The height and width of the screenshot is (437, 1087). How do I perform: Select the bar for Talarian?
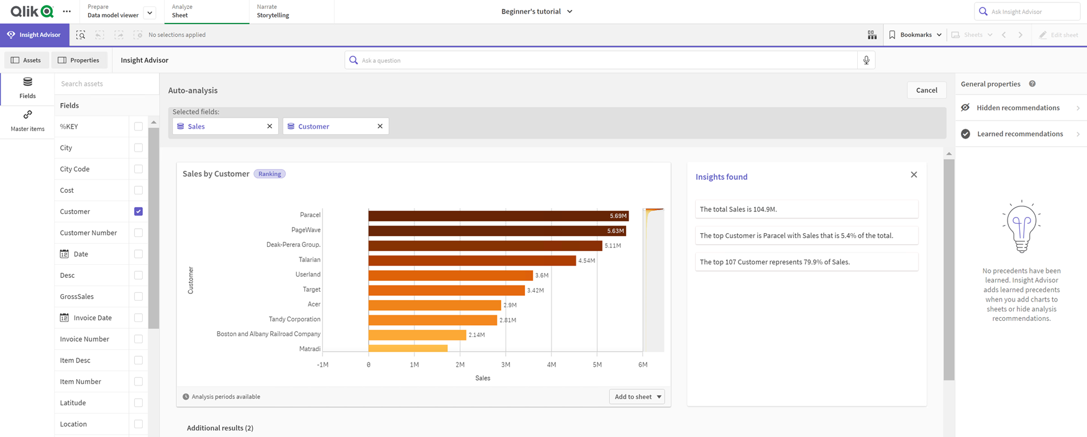[x=472, y=260]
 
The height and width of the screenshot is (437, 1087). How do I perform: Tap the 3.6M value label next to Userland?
[x=542, y=275]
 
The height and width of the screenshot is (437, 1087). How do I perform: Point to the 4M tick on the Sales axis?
[x=551, y=365]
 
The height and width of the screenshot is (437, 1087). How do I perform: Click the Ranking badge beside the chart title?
[x=270, y=174]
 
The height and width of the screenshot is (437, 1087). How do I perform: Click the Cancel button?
[x=926, y=90]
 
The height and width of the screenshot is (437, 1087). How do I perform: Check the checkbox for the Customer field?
[x=139, y=211]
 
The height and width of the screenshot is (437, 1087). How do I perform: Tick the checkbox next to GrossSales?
[x=139, y=297]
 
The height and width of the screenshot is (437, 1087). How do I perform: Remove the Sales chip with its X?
[x=270, y=126]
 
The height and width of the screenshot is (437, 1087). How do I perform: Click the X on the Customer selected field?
[x=380, y=126]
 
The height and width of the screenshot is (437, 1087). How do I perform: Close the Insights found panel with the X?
[x=914, y=175]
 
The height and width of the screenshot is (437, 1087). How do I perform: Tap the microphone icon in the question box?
[x=866, y=60]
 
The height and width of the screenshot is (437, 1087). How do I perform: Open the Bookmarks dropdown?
[x=916, y=35]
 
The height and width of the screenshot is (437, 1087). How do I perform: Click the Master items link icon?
[x=27, y=115]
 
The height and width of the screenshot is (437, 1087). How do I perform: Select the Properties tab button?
[x=79, y=60]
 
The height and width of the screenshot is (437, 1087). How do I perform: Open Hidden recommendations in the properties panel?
[x=1019, y=108]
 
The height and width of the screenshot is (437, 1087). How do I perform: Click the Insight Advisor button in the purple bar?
[x=34, y=35]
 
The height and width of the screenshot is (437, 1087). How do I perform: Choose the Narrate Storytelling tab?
[x=273, y=11]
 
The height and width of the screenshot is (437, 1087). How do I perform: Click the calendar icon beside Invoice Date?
[x=64, y=318]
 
